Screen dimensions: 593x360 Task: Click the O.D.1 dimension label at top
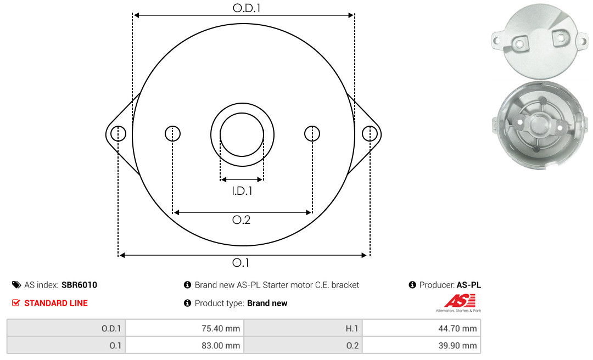247,8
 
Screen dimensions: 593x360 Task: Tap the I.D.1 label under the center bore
242,191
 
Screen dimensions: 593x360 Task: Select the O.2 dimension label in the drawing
241,220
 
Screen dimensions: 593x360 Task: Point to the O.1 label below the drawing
240,262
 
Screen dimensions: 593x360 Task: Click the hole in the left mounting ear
119,133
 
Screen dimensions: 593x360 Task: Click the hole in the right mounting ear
370,133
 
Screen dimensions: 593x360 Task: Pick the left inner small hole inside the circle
173,133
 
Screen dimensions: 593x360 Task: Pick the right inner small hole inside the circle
312,133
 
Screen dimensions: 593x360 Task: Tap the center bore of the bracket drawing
242,134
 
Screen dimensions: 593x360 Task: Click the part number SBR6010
79,285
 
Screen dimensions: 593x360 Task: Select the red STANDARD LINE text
56,303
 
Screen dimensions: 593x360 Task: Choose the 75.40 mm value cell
184,328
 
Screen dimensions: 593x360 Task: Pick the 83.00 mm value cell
184,345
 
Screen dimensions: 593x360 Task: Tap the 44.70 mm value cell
421,328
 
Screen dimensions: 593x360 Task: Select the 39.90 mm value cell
421,345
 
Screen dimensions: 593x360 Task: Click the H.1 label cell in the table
303,328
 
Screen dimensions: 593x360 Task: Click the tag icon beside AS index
16,285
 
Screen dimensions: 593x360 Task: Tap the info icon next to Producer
412,285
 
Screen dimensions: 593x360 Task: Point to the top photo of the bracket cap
540,41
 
